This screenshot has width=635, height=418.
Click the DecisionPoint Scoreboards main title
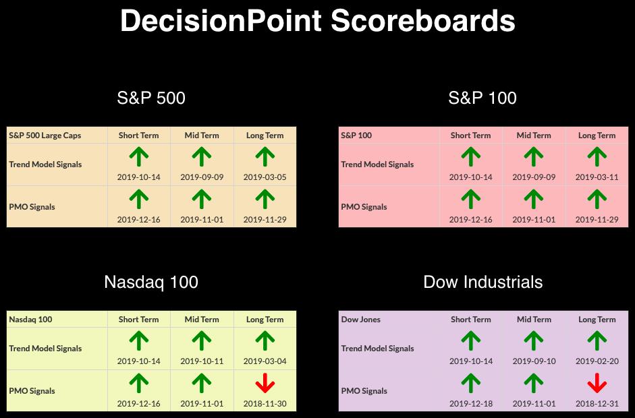317,21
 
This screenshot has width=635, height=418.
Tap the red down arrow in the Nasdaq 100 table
265,383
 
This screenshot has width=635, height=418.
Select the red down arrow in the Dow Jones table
597,383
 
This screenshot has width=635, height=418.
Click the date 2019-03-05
265,177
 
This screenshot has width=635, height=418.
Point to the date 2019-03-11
597,177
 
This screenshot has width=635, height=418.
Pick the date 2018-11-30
265,403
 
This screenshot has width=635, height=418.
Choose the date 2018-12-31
597,403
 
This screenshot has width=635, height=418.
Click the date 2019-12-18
471,403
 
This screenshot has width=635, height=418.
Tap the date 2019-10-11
202,361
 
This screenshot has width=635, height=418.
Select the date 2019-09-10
534,361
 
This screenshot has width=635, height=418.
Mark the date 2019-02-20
597,361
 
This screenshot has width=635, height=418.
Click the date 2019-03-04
265,361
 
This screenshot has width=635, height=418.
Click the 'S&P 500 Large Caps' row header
45,135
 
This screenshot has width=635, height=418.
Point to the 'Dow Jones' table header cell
361,320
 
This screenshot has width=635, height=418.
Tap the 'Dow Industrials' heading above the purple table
482,282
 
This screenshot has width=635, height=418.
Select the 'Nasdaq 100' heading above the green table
151,282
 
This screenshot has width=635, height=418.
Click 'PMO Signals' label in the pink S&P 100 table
364,207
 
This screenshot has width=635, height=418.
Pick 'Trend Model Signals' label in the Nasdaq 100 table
45,349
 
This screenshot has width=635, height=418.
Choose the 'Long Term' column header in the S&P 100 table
597,135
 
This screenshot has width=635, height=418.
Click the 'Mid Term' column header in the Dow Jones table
534,320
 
